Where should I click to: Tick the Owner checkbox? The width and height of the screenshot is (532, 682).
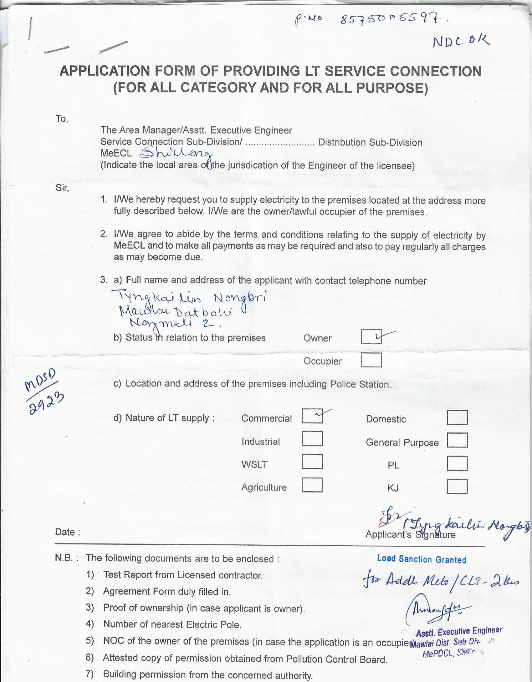[371, 336]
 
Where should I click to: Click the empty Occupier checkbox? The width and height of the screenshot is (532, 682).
[371, 360]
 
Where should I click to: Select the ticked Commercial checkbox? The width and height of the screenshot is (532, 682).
[312, 416]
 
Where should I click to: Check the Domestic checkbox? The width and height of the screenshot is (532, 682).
[457, 418]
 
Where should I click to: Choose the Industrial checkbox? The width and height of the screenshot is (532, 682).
[312, 438]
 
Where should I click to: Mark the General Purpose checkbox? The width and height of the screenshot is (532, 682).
[457, 440]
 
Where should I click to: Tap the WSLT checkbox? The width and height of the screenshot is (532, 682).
[312, 462]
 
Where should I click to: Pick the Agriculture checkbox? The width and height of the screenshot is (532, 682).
[312, 485]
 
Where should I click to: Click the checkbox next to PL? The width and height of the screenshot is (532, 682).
[457, 463]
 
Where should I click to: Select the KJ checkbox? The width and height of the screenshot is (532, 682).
[457, 487]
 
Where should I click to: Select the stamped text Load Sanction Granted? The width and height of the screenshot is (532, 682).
[422, 559]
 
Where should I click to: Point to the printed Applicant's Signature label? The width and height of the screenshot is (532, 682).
[410, 535]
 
